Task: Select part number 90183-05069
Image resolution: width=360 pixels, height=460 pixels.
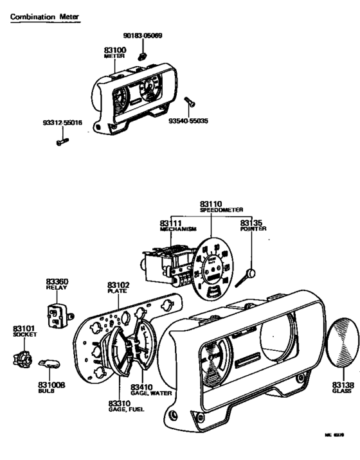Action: pyautogui.click(x=142, y=35)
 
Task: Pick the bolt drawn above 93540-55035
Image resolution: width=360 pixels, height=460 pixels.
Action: pyautogui.click(x=190, y=103)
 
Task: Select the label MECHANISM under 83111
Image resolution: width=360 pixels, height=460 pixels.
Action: pyautogui.click(x=178, y=229)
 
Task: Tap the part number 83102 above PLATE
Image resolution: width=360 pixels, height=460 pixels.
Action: pyautogui.click(x=118, y=284)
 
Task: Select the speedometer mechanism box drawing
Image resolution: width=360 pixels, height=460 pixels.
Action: pyautogui.click(x=164, y=263)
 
